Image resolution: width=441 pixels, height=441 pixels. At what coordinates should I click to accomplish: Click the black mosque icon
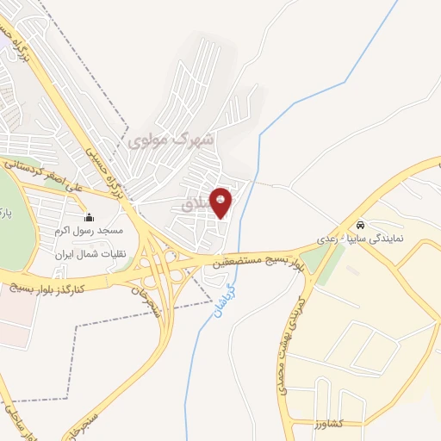coord(90,217)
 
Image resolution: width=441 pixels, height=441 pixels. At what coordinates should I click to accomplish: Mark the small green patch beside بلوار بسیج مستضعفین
coord(330,263)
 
